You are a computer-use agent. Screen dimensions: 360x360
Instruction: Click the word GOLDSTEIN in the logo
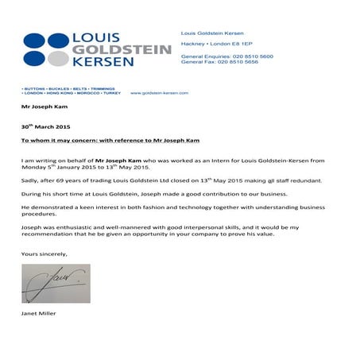click(x=122, y=49)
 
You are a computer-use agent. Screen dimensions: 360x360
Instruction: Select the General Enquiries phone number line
click(x=227, y=57)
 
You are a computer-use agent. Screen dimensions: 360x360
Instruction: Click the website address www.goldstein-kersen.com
click(x=158, y=93)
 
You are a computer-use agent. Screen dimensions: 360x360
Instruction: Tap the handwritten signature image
click(x=56, y=284)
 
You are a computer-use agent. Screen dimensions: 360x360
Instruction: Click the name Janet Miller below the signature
click(x=39, y=315)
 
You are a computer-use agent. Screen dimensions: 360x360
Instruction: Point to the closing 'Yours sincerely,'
click(x=45, y=254)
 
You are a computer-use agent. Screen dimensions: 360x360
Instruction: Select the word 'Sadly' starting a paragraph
click(x=29, y=181)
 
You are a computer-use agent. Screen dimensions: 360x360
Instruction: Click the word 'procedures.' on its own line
click(x=40, y=214)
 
